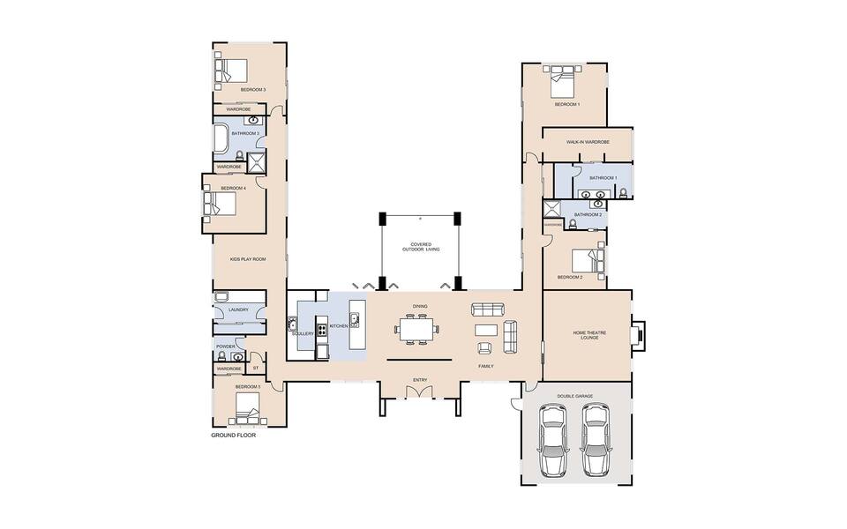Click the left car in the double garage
click(x=556, y=441)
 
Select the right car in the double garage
click(x=596, y=441)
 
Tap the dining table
click(x=417, y=331)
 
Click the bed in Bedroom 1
click(x=562, y=82)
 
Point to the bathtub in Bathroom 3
click(x=221, y=139)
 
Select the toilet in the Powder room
click(x=221, y=357)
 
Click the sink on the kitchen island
click(x=355, y=319)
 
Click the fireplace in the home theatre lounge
click(x=638, y=334)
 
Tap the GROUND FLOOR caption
click(x=233, y=436)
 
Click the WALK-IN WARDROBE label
click(x=587, y=141)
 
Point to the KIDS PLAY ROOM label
click(x=247, y=259)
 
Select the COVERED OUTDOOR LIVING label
click(x=420, y=247)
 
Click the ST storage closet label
click(x=256, y=368)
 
